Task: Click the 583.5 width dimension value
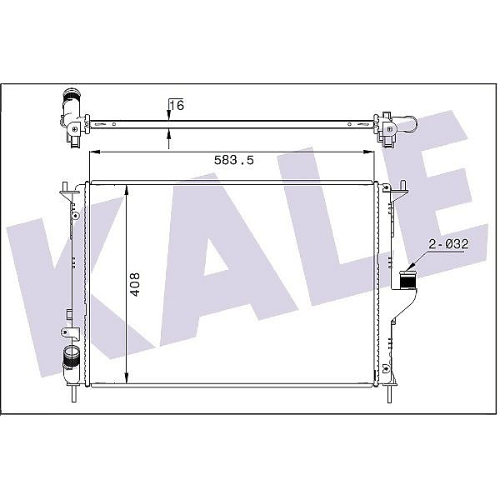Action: (x=233, y=160)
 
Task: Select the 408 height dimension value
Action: (x=135, y=284)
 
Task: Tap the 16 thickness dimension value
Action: (x=177, y=105)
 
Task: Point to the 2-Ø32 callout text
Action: (x=448, y=244)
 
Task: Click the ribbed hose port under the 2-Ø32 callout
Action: (x=407, y=280)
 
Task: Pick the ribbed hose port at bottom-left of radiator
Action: (x=71, y=357)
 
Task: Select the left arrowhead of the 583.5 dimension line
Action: (x=95, y=152)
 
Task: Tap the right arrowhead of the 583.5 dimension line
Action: (x=368, y=152)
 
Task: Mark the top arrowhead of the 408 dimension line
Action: (x=127, y=190)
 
